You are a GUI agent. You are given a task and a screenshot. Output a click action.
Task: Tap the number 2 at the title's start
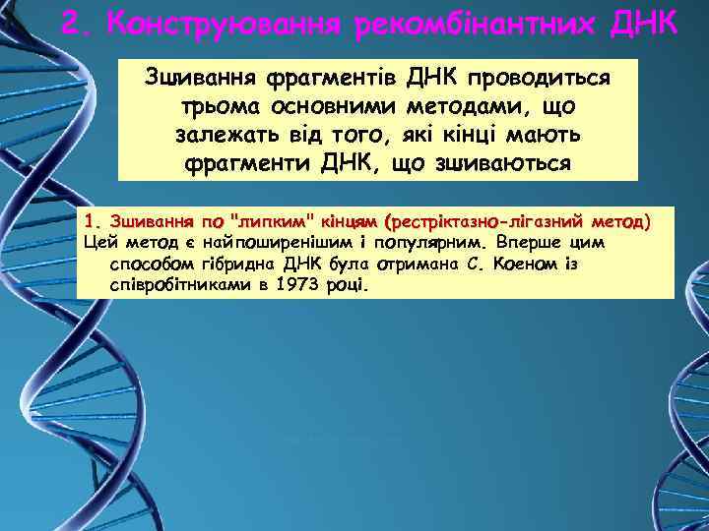click(x=69, y=22)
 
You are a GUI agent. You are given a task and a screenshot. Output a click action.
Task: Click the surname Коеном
click(x=528, y=265)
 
